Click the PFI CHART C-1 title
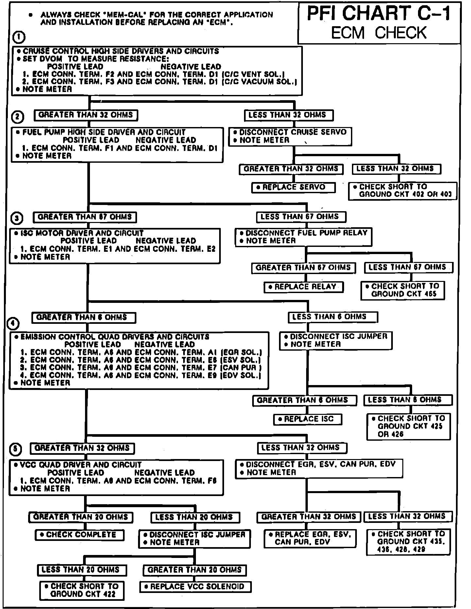379,14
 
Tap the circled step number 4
13,324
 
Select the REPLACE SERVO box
293,188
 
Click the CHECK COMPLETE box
80,535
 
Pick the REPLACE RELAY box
304,287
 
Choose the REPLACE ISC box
307,419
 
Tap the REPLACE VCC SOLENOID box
196,587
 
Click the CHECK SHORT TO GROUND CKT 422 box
82,590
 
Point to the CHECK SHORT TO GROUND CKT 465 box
403,290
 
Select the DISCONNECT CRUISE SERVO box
290,137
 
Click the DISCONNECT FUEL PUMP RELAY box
304,237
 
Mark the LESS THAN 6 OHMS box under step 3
333,317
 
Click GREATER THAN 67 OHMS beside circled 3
85,217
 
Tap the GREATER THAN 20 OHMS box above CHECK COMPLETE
81,517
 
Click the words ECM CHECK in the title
379,33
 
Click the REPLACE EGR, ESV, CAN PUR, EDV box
310,539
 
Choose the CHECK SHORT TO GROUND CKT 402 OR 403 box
402,191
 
